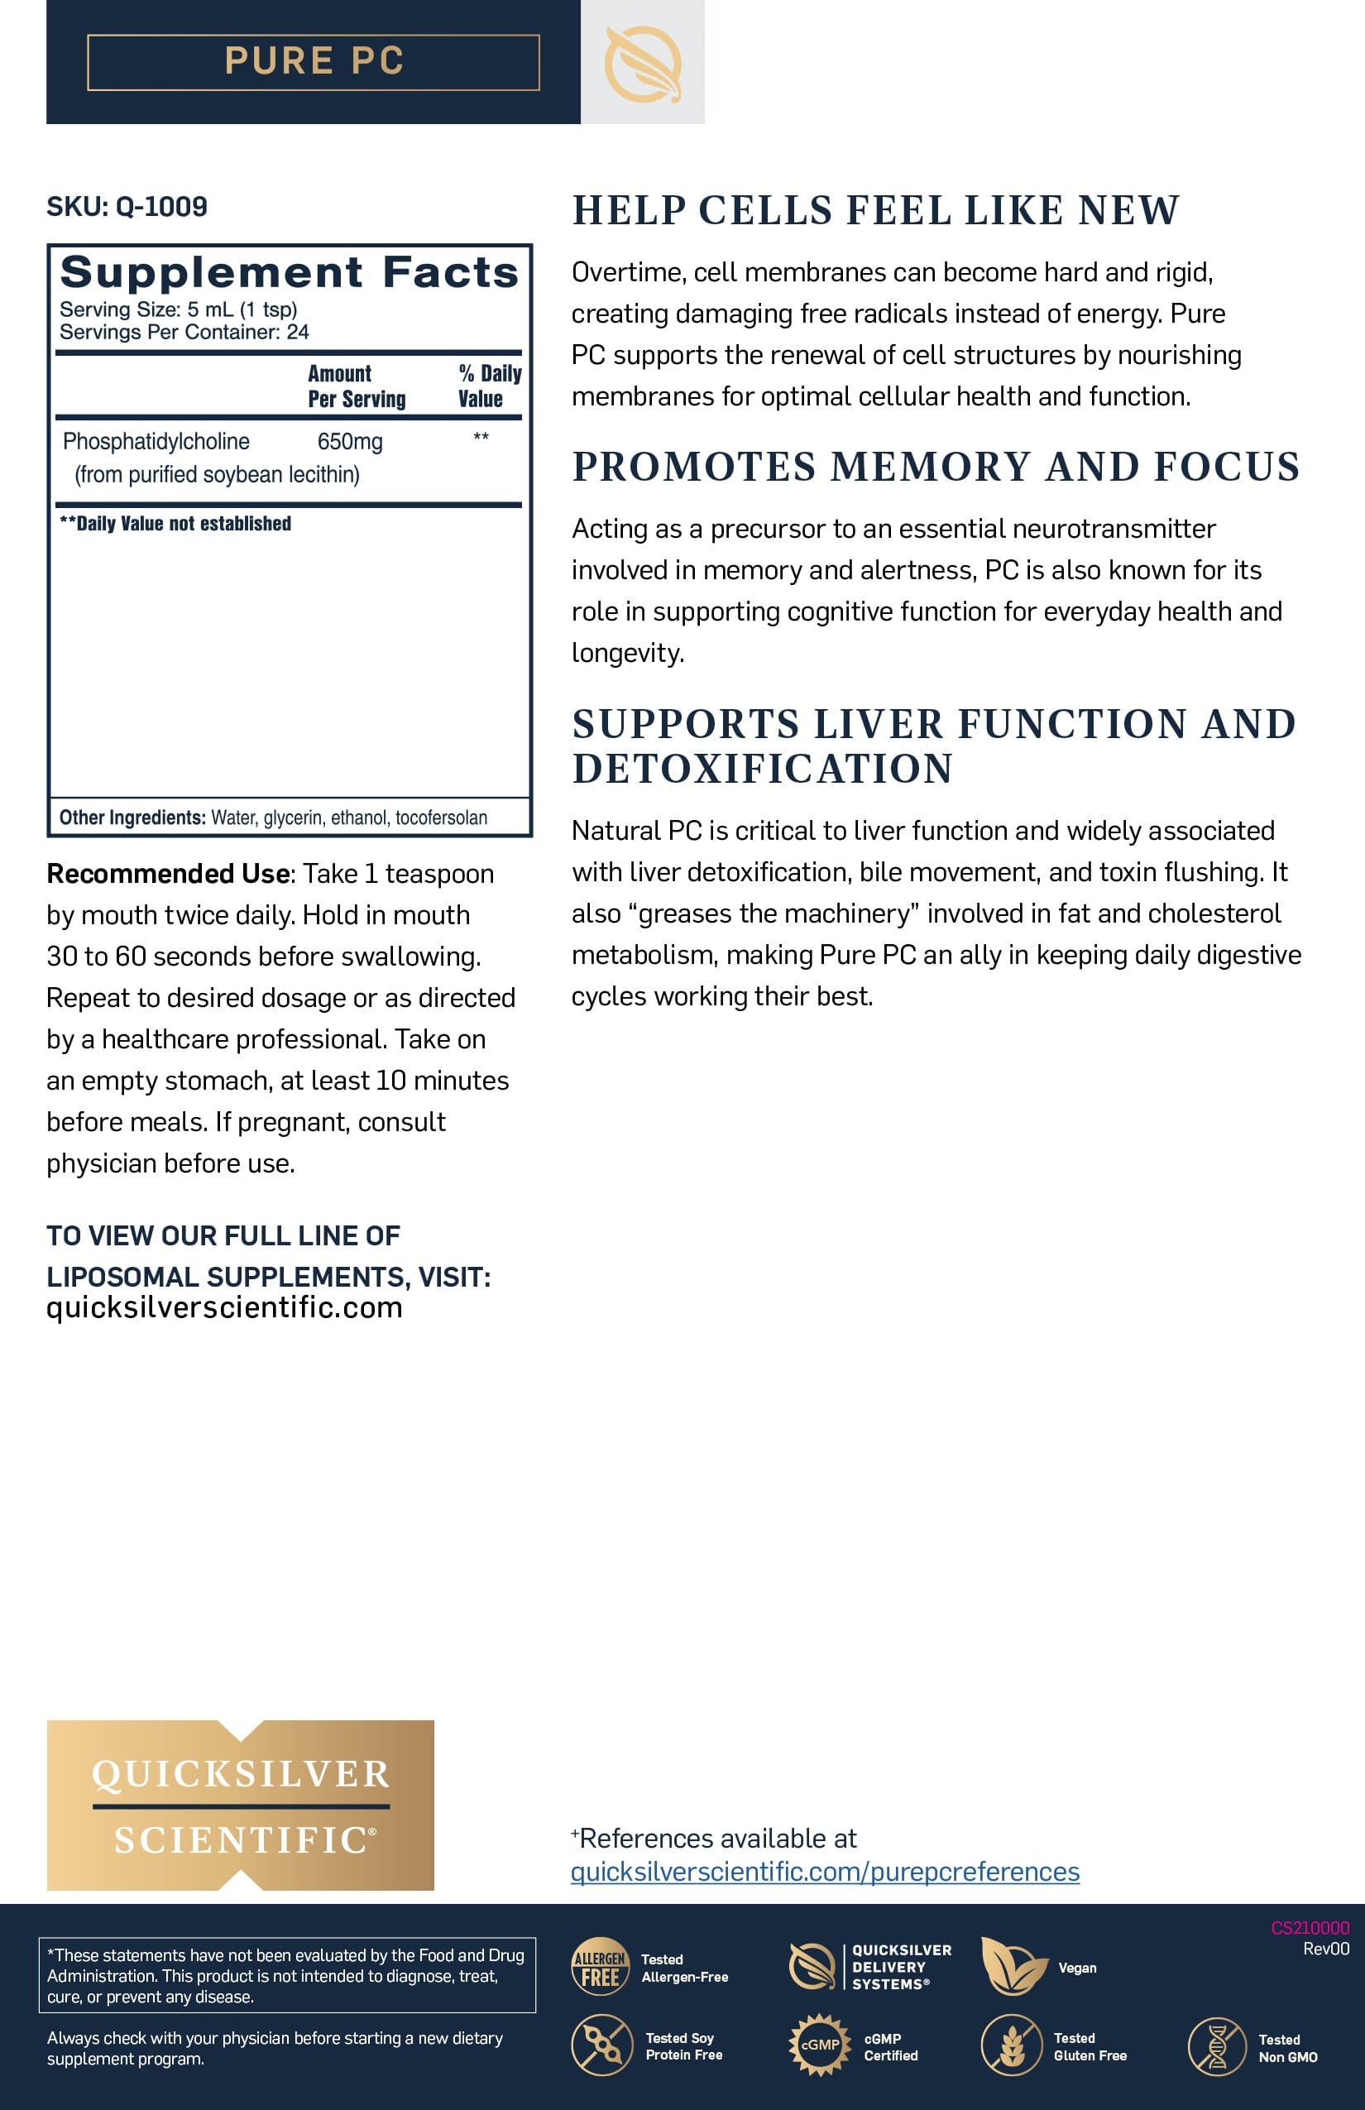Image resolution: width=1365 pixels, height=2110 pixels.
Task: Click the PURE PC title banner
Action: [x=313, y=62]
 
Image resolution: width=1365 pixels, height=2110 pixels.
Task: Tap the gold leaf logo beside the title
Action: [x=642, y=63]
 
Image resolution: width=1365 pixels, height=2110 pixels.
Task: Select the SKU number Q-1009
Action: [x=161, y=207]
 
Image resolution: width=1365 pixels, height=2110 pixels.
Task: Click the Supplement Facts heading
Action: [x=289, y=271]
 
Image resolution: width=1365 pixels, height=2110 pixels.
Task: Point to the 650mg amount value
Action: [x=350, y=442]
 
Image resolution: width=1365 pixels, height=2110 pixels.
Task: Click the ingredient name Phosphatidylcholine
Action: [x=156, y=442]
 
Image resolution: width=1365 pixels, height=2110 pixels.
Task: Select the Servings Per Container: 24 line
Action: [x=184, y=333]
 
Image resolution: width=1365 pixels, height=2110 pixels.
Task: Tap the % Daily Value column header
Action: [x=488, y=386]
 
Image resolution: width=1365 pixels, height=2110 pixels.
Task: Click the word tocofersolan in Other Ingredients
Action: [x=442, y=818]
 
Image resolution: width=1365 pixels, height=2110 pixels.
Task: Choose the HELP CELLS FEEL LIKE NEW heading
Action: [x=876, y=211]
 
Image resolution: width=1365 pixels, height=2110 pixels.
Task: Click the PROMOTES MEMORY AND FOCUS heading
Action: [x=935, y=468]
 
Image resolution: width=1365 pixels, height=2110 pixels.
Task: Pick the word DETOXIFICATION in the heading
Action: [x=762, y=769]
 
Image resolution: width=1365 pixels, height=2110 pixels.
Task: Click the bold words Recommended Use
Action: [x=169, y=874]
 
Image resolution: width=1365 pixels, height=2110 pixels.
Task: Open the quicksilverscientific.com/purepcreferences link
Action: [x=824, y=1872]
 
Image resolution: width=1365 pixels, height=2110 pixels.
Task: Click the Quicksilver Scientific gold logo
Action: [x=240, y=1805]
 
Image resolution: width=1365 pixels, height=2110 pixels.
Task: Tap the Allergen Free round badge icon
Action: [x=600, y=1966]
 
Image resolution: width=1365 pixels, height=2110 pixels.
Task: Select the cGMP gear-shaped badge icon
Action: [x=819, y=2045]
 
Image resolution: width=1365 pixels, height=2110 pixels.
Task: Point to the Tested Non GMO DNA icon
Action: [x=1217, y=2045]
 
